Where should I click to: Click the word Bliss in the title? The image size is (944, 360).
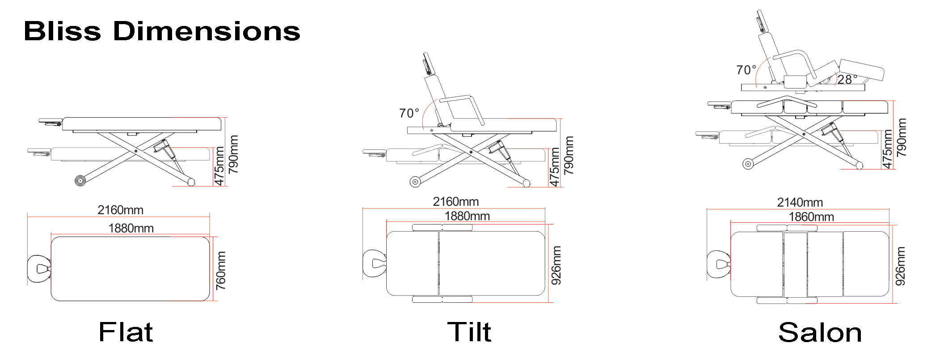click(62, 31)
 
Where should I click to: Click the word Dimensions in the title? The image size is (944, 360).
click(206, 31)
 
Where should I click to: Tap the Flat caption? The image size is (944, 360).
click(126, 332)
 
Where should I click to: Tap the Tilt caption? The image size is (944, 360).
click(469, 332)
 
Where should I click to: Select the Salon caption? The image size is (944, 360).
click(820, 333)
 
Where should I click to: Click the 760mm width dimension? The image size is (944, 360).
click(221, 270)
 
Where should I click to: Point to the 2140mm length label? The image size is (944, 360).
click(800, 203)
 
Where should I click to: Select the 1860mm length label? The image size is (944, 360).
click(811, 217)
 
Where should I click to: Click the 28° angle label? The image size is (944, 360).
click(847, 80)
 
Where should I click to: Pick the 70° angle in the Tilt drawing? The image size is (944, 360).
click(409, 113)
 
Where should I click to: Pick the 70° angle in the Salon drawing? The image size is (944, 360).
click(746, 70)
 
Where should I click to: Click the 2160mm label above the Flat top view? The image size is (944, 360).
click(120, 210)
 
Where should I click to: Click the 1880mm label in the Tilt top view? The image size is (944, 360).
click(467, 216)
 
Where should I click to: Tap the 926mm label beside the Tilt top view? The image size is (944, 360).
click(556, 265)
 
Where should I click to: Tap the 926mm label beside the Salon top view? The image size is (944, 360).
click(900, 266)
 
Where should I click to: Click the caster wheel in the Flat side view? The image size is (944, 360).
click(80, 181)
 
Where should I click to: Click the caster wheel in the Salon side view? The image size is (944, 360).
click(747, 164)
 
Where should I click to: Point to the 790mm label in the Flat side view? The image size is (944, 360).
click(233, 154)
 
